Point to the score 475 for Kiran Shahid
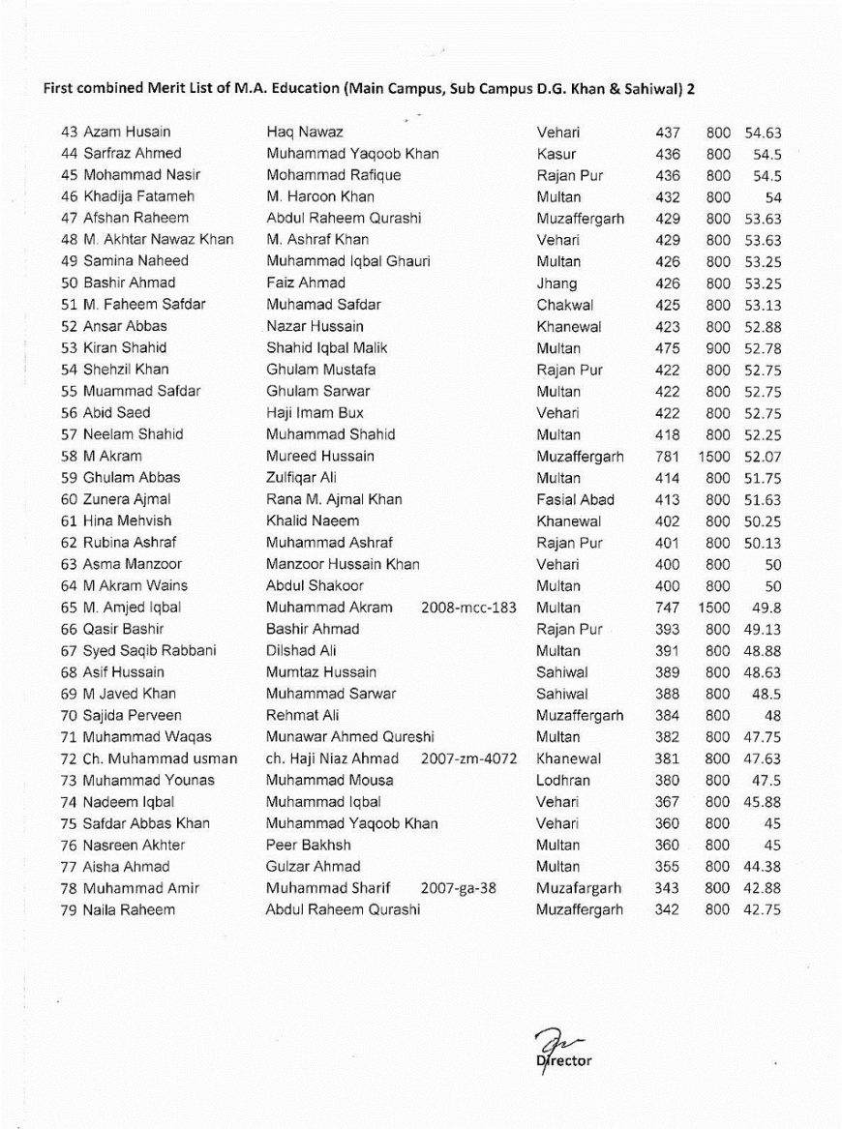[x=667, y=348]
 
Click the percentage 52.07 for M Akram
[x=762, y=457]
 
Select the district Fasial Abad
[x=575, y=500]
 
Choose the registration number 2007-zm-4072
[x=469, y=758]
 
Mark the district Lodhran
[x=563, y=781]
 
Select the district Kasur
[x=556, y=154]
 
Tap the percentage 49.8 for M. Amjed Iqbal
[x=765, y=608]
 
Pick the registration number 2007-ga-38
[x=459, y=888]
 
